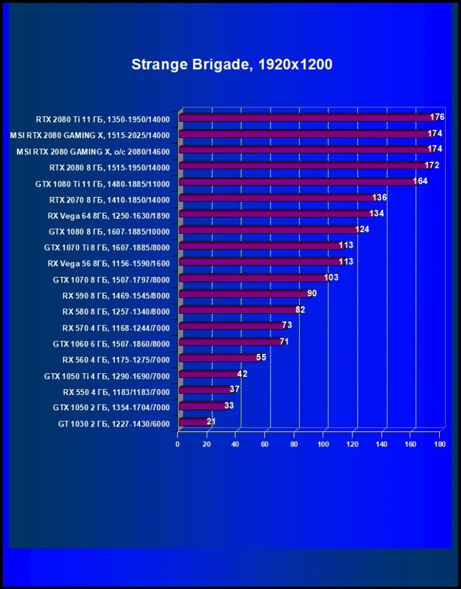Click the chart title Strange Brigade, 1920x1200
pos(232,64)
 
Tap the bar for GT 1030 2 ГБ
pos(194,422)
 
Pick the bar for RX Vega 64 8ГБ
pos(276,214)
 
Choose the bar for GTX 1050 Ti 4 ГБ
pos(209,374)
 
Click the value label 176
pos(437,117)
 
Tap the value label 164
pos(420,181)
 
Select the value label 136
pos(379,198)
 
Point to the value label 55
pos(261,358)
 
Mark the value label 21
pos(211,421)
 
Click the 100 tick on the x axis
pos(323,444)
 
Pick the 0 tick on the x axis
pos(178,444)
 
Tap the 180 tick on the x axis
pos(440,444)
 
